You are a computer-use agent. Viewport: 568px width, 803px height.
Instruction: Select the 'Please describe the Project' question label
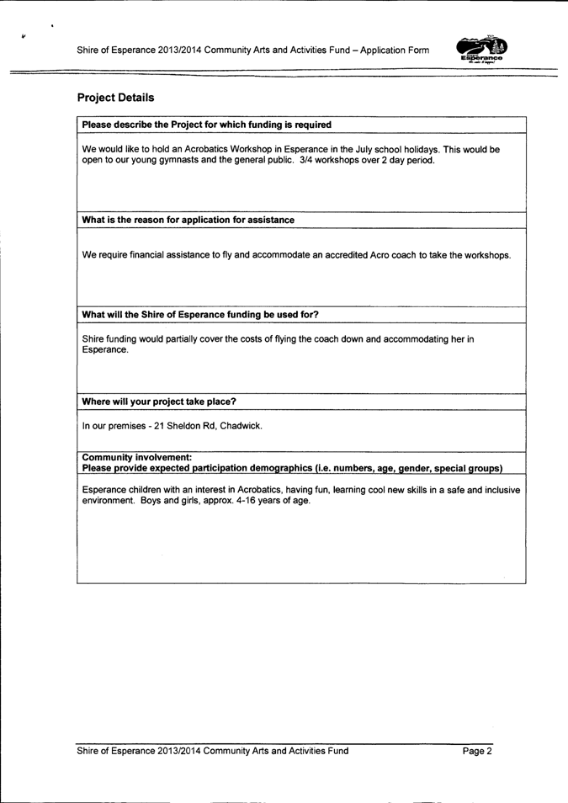(206, 125)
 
